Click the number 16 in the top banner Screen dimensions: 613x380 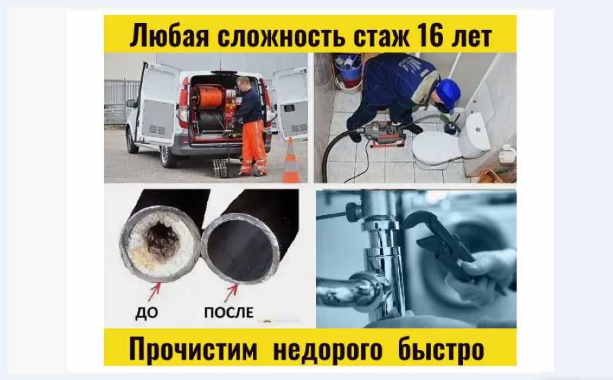[430, 35]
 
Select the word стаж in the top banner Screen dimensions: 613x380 [381, 35]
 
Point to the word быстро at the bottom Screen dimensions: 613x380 [441, 348]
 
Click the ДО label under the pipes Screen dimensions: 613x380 [147, 313]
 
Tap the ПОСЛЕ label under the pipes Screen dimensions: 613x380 [229, 312]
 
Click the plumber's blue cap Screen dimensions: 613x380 [448, 94]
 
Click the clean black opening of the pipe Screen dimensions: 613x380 [240, 250]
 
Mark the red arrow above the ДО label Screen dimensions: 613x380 [155, 291]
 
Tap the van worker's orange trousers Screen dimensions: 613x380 [254, 147]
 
